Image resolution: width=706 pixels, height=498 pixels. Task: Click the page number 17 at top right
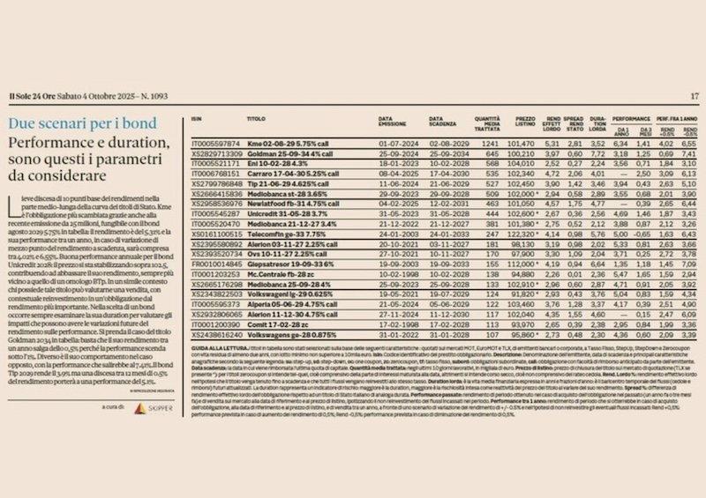[694, 96]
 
